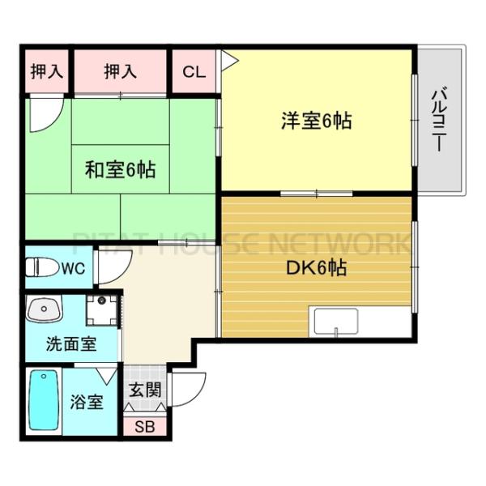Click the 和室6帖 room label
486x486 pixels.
(121, 170)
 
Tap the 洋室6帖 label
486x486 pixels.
(316, 122)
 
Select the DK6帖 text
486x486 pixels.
(315, 267)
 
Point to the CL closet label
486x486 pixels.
(194, 71)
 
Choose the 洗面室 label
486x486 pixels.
(71, 343)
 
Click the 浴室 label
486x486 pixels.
(85, 402)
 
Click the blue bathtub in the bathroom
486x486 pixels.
(45, 402)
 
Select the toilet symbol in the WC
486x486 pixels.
(40, 266)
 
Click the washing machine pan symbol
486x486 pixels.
(103, 310)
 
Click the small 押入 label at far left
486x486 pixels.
(46, 71)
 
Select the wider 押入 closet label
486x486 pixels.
(120, 71)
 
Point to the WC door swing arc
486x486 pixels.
(108, 271)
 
